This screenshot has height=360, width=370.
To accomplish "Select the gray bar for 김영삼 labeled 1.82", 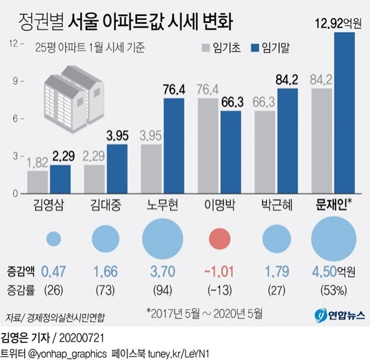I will click(38, 182).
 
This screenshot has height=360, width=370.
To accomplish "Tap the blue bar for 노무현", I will click(174, 146).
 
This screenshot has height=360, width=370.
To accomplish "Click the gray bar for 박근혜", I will click(265, 152).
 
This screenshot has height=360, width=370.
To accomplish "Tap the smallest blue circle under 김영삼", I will click(54, 238).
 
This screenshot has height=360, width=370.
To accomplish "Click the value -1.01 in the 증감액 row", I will click(221, 270).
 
